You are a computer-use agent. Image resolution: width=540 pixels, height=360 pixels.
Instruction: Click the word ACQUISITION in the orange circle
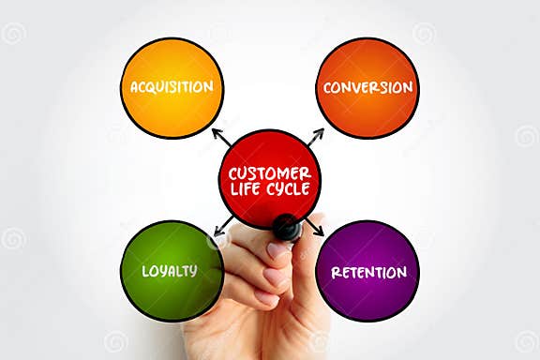point(172,87)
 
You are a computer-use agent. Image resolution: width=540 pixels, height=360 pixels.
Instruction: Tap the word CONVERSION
point(367,87)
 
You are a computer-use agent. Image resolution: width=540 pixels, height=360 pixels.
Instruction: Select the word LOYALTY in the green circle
point(170,271)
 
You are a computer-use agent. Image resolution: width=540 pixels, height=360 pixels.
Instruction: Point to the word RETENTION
point(368,273)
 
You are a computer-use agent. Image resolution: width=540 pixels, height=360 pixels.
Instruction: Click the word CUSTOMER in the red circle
point(270,172)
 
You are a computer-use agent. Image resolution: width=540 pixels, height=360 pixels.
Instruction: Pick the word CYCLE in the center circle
point(292,190)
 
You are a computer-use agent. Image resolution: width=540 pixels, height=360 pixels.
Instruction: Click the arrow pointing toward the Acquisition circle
point(221,137)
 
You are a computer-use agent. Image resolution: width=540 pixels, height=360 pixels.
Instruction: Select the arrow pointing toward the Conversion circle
point(316,136)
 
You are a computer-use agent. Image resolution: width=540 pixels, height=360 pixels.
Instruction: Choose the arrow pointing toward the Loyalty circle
point(224,226)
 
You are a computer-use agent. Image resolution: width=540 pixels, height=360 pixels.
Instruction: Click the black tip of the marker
point(286,227)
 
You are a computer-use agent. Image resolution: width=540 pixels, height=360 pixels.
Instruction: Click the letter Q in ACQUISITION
point(152,87)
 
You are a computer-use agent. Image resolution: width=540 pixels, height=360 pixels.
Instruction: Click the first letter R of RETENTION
point(336,273)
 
